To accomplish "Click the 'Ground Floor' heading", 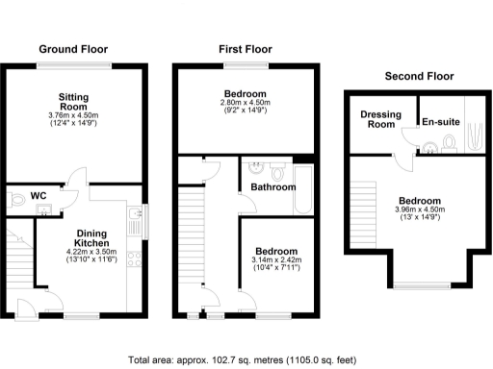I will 73,49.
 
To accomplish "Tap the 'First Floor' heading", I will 245,49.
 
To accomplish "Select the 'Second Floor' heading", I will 418,76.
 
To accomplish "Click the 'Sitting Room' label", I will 73,103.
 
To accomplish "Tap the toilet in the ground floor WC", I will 14,203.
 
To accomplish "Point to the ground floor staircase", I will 17,257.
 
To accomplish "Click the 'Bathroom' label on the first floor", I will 272,186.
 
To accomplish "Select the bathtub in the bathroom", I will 305,189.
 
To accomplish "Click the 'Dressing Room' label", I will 380,119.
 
